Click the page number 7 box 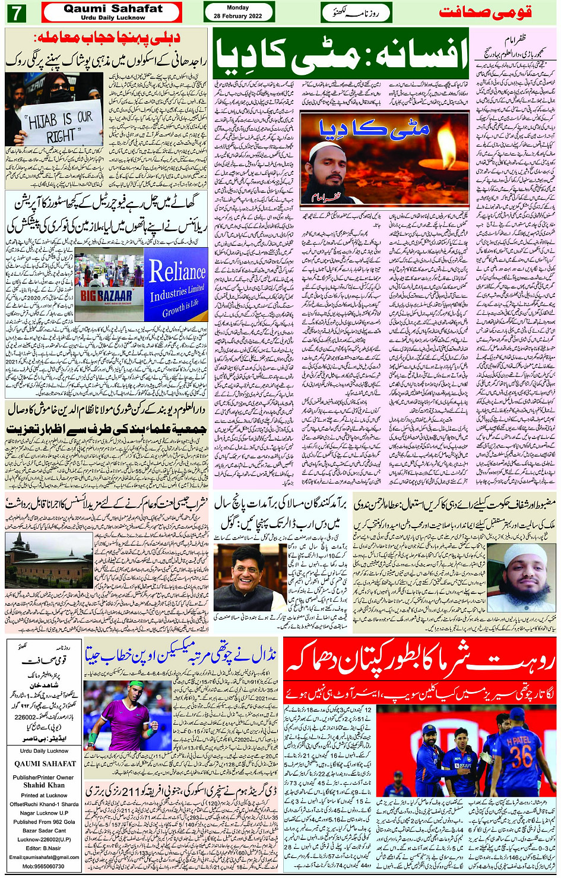pos(17,12)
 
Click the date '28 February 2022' pos(238,16)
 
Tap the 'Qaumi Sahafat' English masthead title pos(113,9)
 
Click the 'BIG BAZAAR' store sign pos(106,295)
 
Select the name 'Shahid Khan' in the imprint pos(43,785)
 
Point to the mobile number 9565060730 pos(44,866)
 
